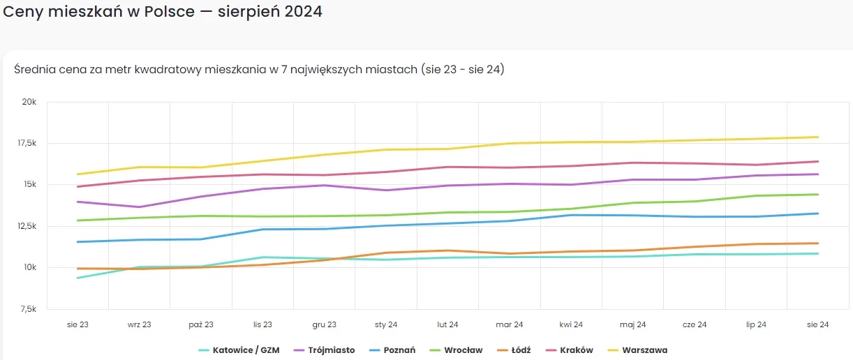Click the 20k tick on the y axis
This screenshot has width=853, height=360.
pos(29,102)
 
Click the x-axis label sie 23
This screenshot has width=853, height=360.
pos(77,324)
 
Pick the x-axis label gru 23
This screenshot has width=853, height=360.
pos(325,324)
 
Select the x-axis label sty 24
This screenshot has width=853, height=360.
pos(386,324)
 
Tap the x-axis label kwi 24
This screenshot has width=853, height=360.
pos(571,324)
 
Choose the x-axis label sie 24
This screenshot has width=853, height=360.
pos(817,324)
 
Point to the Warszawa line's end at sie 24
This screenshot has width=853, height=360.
pos(818,137)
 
